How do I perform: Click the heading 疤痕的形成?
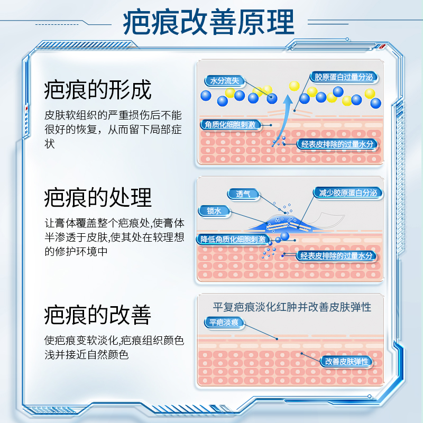click(x=98, y=90)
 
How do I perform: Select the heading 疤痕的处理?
click(x=98, y=197)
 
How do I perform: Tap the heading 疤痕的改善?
click(x=98, y=315)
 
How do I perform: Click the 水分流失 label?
click(x=225, y=81)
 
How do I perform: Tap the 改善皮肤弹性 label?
click(x=347, y=362)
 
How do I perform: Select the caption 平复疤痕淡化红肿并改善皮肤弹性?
click(x=291, y=307)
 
